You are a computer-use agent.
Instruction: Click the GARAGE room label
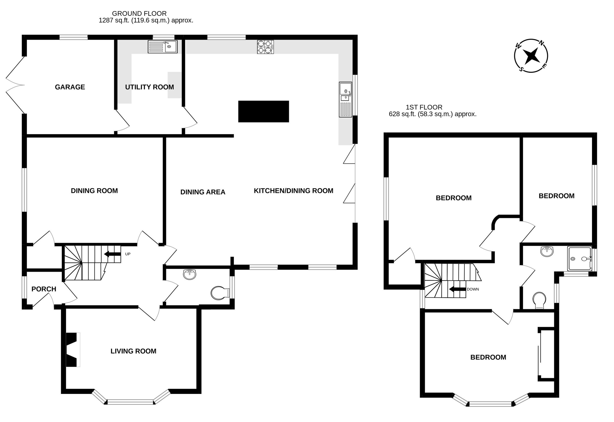[x=70, y=87]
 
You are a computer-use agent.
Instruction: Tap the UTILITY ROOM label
[x=149, y=87]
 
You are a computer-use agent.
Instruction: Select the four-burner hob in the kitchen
[x=265, y=47]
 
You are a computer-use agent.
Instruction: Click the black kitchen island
[x=263, y=111]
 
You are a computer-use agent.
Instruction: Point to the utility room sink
[x=162, y=47]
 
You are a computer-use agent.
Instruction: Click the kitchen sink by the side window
[x=345, y=99]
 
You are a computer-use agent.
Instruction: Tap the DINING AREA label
[x=203, y=192]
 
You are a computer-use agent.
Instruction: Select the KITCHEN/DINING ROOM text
[x=293, y=191]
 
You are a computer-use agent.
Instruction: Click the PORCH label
[x=44, y=289]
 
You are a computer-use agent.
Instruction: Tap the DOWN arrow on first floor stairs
[x=457, y=289]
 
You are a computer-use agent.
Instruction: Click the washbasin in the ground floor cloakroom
[x=190, y=274]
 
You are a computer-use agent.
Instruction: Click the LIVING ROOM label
[x=133, y=351]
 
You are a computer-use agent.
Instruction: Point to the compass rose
[x=531, y=56]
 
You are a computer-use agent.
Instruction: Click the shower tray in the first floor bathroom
[x=579, y=258]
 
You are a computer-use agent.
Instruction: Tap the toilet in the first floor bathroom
[x=539, y=300]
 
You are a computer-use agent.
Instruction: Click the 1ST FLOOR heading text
[x=424, y=107]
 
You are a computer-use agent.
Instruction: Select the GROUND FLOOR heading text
[x=139, y=14]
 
